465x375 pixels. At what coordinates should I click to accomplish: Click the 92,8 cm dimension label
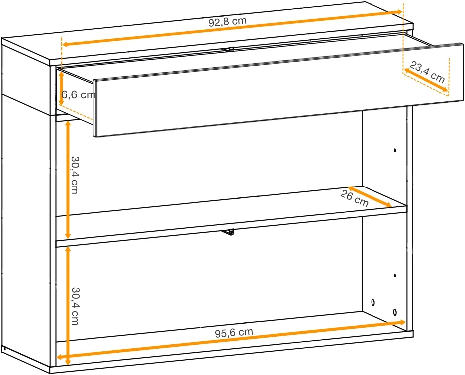point(227,22)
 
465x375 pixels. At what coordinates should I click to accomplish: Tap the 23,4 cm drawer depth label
point(427,72)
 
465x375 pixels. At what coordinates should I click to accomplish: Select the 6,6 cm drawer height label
point(79,94)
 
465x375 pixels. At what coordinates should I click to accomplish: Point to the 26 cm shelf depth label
point(354,198)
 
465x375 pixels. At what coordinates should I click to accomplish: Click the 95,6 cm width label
point(234,332)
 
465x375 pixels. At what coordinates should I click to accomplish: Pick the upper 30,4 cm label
point(75,175)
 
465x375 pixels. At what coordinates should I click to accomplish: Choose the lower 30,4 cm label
point(75,306)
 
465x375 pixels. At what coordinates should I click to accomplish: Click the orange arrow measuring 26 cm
point(370,196)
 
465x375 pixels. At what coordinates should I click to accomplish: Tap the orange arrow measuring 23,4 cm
point(426,80)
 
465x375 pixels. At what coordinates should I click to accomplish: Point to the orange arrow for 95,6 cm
point(231,339)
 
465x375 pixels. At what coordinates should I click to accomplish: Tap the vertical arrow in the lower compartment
point(68,305)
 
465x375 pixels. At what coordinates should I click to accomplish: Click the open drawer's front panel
point(278,90)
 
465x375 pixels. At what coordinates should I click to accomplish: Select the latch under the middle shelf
point(228,232)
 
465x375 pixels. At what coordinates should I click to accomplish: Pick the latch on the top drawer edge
point(228,49)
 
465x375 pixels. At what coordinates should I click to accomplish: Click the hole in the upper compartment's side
point(395,150)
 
